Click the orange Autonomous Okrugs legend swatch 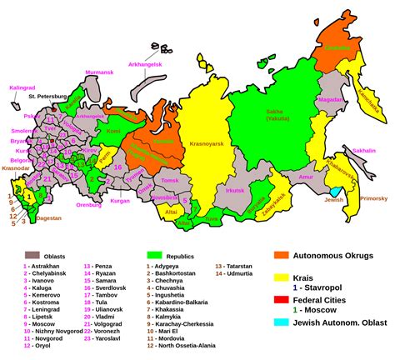(x=282, y=256)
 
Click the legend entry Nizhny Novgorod (x=50, y=331)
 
